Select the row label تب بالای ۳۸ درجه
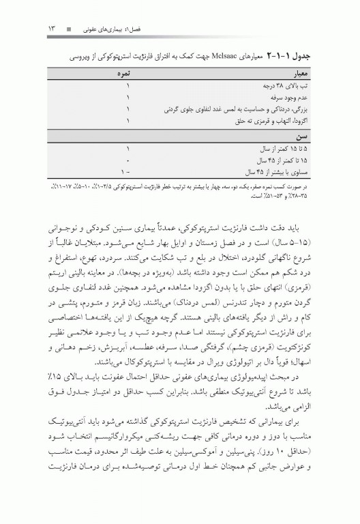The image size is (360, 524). point(305,86)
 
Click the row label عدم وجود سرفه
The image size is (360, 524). point(309,98)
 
